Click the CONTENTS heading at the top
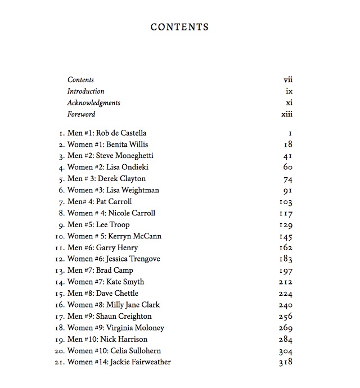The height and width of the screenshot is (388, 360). (179, 27)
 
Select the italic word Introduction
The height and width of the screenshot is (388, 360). (85, 91)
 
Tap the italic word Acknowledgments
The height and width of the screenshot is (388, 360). (93, 103)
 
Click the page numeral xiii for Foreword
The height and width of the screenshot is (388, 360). (287, 114)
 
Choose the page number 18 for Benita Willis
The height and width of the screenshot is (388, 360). (287, 144)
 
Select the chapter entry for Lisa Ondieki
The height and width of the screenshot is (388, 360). (108, 167)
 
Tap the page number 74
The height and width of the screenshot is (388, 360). (287, 179)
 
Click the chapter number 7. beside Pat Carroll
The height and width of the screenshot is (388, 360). (62, 201)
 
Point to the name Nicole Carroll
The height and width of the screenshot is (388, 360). (132, 213)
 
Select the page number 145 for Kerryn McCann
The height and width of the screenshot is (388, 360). (286, 236)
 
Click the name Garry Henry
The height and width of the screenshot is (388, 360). (117, 247)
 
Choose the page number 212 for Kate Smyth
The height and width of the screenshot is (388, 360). (286, 282)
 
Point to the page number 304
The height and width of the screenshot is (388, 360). (286, 351)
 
